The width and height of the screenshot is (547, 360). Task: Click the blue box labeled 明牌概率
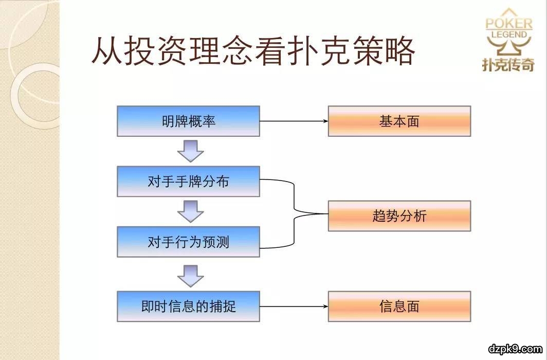[188, 121]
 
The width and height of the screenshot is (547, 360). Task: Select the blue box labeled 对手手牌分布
[188, 182]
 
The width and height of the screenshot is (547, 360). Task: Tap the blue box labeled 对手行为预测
[188, 242]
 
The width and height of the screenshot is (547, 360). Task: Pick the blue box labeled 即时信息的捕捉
[188, 307]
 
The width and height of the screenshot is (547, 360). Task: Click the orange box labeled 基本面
[399, 121]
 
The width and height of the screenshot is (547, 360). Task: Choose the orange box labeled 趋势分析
[399, 216]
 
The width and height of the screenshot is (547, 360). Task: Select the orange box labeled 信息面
[399, 307]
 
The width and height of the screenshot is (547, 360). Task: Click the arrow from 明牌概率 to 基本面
[294, 121]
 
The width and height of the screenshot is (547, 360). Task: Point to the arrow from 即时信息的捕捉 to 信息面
[294, 307]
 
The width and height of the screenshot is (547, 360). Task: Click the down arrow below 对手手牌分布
[191, 211]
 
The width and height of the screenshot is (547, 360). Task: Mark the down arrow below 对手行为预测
[191, 275]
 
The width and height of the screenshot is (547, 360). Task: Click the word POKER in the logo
[509, 24]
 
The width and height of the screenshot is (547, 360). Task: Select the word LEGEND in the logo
[509, 35]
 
